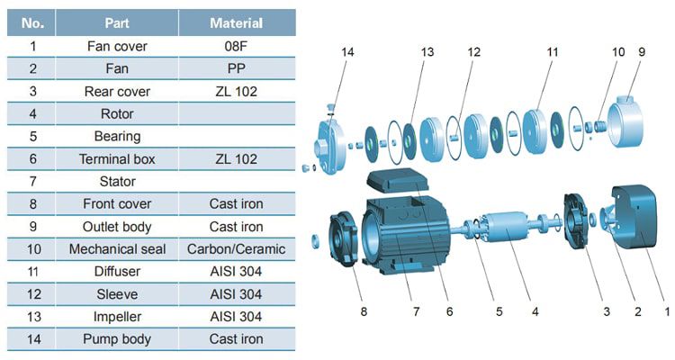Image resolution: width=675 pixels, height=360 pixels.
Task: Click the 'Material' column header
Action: click(236, 22)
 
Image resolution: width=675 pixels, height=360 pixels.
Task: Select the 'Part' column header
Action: click(117, 22)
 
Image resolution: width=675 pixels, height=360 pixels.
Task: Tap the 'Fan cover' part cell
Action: click(117, 46)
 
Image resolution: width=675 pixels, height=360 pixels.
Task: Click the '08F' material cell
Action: click(236, 46)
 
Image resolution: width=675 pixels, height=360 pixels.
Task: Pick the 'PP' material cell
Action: click(236, 68)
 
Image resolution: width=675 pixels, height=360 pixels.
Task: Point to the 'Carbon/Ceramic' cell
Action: click(236, 249)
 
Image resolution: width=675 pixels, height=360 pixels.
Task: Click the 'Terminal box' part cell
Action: click(117, 159)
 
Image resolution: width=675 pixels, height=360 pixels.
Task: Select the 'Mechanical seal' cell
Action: click(117, 249)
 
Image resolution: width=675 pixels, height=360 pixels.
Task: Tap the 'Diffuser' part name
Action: click(117, 272)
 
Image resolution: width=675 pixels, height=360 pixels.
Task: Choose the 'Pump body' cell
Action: click(117, 339)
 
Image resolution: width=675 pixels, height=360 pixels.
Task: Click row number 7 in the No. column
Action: click(32, 182)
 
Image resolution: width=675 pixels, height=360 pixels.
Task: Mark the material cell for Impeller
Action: click(236, 317)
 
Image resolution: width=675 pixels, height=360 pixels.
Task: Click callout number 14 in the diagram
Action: click(348, 52)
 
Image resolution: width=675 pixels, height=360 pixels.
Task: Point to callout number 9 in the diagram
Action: click(642, 52)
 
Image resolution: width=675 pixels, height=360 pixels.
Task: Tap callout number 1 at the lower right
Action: click(666, 311)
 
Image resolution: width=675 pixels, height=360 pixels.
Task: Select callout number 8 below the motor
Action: click(364, 311)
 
